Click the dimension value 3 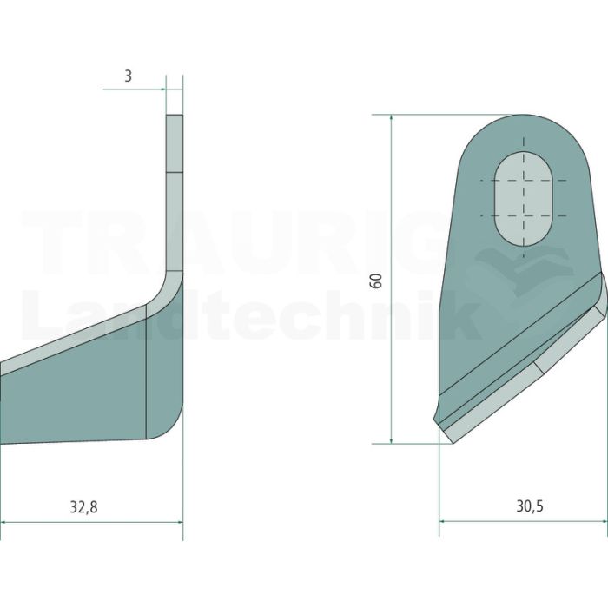[x=128, y=76]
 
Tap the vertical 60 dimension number [x=376, y=281]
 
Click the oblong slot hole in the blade [x=524, y=199]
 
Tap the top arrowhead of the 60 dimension [x=392, y=118]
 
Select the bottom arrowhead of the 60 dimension [x=392, y=439]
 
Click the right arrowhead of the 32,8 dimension [x=180, y=522]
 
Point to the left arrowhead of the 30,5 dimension [x=442, y=521]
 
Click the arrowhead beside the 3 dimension [x=162, y=89]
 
